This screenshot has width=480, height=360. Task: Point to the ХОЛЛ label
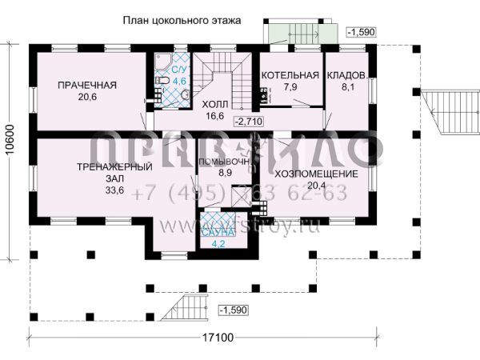pyautogui.click(x=214, y=104)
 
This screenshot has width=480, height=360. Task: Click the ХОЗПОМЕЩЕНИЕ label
pyautogui.click(x=315, y=174)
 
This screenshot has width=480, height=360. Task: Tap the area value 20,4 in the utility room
pyautogui.click(x=315, y=186)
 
